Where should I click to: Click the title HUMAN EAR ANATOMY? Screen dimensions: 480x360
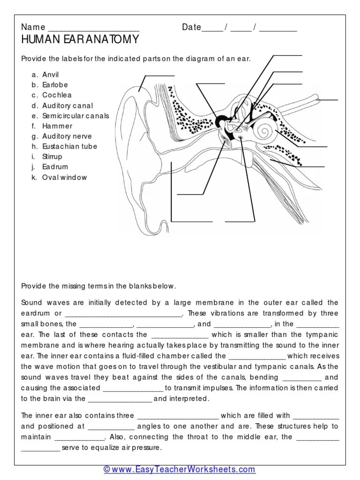pyautogui.click(x=80, y=39)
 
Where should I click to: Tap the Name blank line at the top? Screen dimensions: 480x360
pyautogui.click(x=94, y=28)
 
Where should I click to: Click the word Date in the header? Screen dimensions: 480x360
pyautogui.click(x=191, y=27)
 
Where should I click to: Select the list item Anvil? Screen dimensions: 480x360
pyautogui.click(x=51, y=75)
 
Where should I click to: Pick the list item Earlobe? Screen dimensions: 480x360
pyautogui.click(x=55, y=85)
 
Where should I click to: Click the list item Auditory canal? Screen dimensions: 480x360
pyautogui.click(x=67, y=105)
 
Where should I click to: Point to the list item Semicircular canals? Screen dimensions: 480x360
pyautogui.click(x=75, y=116)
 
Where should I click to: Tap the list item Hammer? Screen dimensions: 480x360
pyautogui.click(x=57, y=126)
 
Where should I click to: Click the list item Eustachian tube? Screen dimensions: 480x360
pyautogui.click(x=70, y=146)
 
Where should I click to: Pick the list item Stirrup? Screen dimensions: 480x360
pyautogui.click(x=52, y=157)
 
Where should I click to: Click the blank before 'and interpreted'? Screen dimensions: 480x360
pyautogui.click(x=120, y=399)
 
